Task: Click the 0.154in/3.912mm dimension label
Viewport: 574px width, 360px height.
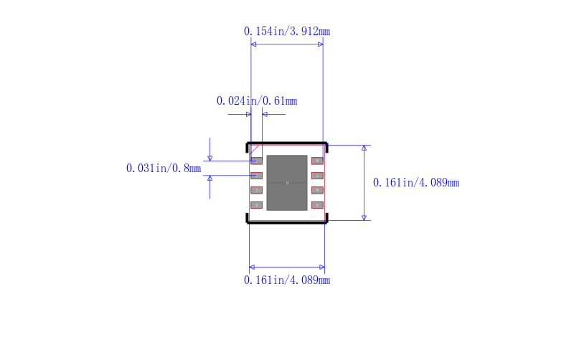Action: (287, 32)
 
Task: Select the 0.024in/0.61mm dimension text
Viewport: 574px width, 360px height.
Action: (257, 101)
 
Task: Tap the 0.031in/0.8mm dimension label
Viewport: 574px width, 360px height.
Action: (164, 169)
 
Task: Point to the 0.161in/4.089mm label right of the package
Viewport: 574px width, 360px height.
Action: (416, 183)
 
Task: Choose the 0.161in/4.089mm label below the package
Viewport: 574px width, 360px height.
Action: (287, 280)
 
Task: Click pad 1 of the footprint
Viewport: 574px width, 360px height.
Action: (256, 161)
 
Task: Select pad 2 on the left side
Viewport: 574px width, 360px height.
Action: (256, 176)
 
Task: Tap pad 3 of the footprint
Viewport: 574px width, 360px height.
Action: (256, 190)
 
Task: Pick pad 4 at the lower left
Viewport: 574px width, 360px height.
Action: (256, 205)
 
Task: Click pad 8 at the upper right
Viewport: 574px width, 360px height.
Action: (317, 161)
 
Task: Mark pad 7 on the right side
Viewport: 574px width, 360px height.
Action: (317, 176)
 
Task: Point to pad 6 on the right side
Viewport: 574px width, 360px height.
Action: (317, 190)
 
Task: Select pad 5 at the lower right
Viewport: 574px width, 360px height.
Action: (317, 205)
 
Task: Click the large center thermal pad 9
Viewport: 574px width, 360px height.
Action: (287, 183)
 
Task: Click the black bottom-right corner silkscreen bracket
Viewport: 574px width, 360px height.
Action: (326, 221)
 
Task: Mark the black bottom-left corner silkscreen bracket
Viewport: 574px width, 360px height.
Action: (248, 221)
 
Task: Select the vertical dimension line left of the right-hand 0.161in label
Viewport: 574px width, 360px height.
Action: (364, 183)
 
